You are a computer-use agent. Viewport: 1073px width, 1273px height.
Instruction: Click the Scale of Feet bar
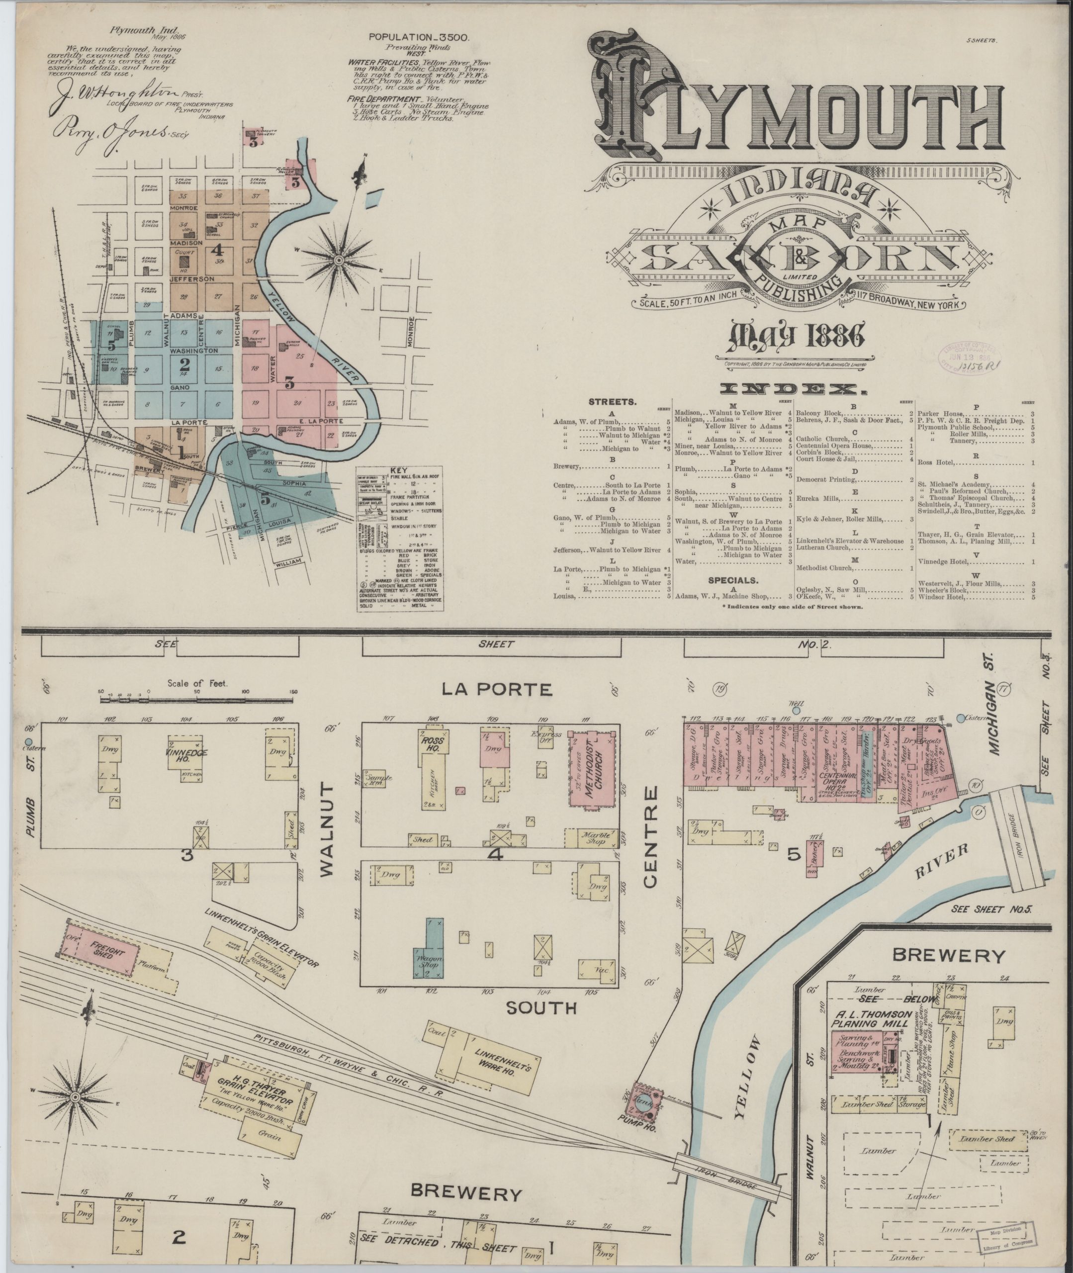(198, 692)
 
